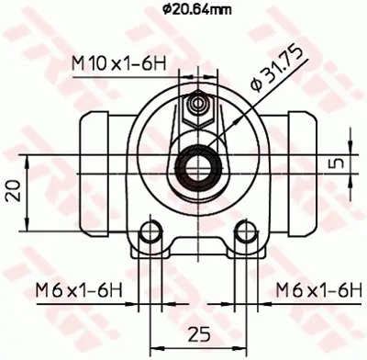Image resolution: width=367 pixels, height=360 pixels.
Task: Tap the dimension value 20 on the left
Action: [12, 191]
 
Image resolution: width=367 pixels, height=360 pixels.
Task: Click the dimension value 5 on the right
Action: [340, 164]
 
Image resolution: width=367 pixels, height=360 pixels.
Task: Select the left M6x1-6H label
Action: [79, 290]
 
